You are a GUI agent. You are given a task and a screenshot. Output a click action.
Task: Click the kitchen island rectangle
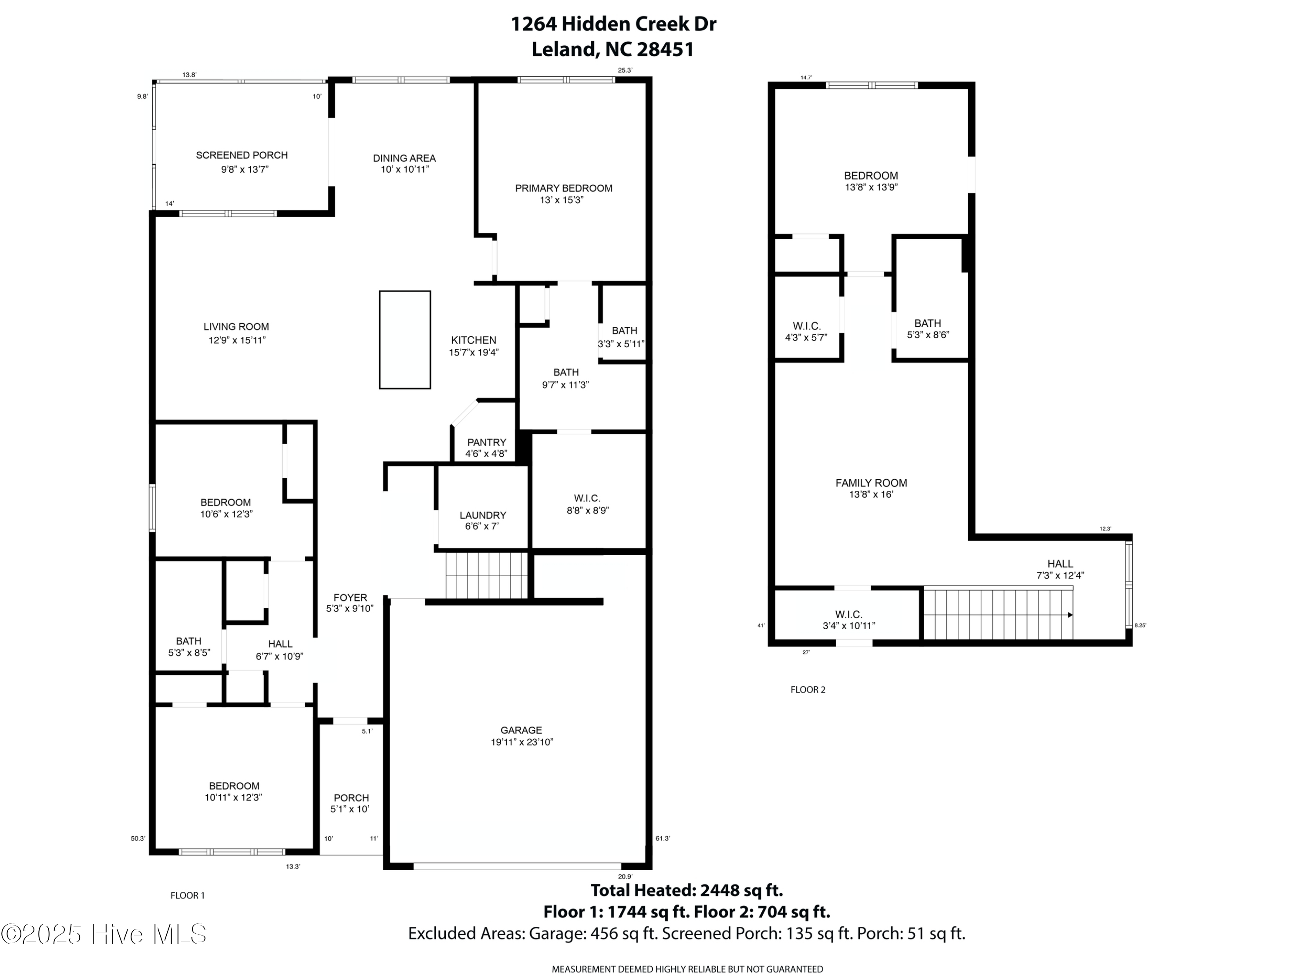point(404,339)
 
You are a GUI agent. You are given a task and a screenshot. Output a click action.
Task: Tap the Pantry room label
point(487,442)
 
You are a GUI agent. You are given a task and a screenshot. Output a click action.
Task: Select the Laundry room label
point(482,515)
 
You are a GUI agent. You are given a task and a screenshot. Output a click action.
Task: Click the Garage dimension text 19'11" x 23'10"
point(522,742)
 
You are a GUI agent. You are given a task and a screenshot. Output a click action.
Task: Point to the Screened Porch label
point(242,155)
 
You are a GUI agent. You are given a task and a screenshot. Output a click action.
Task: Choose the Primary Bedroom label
point(563,188)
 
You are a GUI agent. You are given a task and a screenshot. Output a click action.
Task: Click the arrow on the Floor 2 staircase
point(1070,615)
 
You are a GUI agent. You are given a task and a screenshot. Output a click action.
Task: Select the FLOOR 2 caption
point(808,689)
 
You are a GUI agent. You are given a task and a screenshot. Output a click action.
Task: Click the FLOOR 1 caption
point(187,895)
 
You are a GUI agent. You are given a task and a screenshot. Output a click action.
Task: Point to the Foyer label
point(350,598)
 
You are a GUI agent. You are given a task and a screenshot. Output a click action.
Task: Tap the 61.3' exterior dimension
point(663,838)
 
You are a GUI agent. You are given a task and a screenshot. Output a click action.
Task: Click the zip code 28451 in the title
point(665,50)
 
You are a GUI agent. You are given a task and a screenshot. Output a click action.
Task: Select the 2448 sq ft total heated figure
point(741,890)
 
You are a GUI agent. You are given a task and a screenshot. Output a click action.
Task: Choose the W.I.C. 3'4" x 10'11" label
point(848,620)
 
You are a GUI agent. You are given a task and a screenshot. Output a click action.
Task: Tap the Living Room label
point(236,326)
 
